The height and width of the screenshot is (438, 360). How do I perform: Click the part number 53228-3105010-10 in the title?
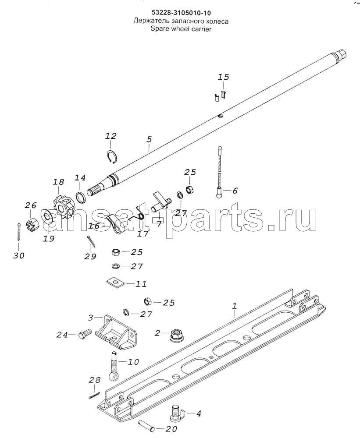pos(181,13)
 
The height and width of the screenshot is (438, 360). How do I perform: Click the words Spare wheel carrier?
pos(181,29)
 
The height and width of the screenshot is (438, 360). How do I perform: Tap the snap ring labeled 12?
pos(113,157)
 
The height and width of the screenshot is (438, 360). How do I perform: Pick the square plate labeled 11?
pos(115,282)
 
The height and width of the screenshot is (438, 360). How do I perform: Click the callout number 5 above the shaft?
pos(149,139)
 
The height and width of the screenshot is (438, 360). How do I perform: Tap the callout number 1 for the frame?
pos(235,306)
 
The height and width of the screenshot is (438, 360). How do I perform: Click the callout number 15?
pos(224,77)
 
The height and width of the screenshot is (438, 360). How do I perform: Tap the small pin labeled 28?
pos(94,396)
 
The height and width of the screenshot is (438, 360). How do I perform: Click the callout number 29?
pos(90,256)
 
